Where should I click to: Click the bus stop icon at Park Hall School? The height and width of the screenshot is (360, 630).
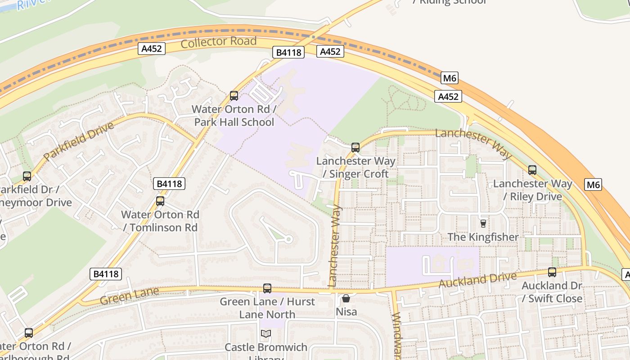click(234, 95)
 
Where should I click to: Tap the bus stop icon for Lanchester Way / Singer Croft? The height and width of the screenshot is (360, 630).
click(355, 147)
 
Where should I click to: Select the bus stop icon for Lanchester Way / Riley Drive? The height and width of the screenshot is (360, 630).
click(532, 170)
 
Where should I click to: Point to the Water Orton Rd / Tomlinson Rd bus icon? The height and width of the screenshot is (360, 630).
click(160, 201)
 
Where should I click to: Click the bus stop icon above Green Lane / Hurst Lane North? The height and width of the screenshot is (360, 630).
click(267, 288)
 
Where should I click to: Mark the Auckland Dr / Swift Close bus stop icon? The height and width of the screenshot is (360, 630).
click(552, 272)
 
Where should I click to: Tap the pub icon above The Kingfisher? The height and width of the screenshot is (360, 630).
click(483, 223)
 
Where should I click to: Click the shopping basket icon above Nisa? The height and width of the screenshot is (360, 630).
click(346, 298)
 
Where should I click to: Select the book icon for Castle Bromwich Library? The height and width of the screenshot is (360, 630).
click(266, 333)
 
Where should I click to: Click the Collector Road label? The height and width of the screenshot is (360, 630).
click(219, 42)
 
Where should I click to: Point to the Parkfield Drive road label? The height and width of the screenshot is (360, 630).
click(79, 141)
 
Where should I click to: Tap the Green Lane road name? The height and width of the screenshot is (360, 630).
click(130, 296)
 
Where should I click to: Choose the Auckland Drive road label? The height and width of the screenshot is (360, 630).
click(477, 280)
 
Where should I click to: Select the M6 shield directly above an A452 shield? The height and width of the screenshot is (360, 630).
click(450, 78)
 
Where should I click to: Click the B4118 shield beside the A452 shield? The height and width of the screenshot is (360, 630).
click(288, 53)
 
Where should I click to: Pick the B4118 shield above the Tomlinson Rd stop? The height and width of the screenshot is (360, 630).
click(169, 184)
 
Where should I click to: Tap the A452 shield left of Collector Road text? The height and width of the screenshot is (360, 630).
click(152, 49)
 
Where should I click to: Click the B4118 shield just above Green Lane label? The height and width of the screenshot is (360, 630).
click(106, 274)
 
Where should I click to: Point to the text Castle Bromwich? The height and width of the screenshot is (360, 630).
click(265, 347)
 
